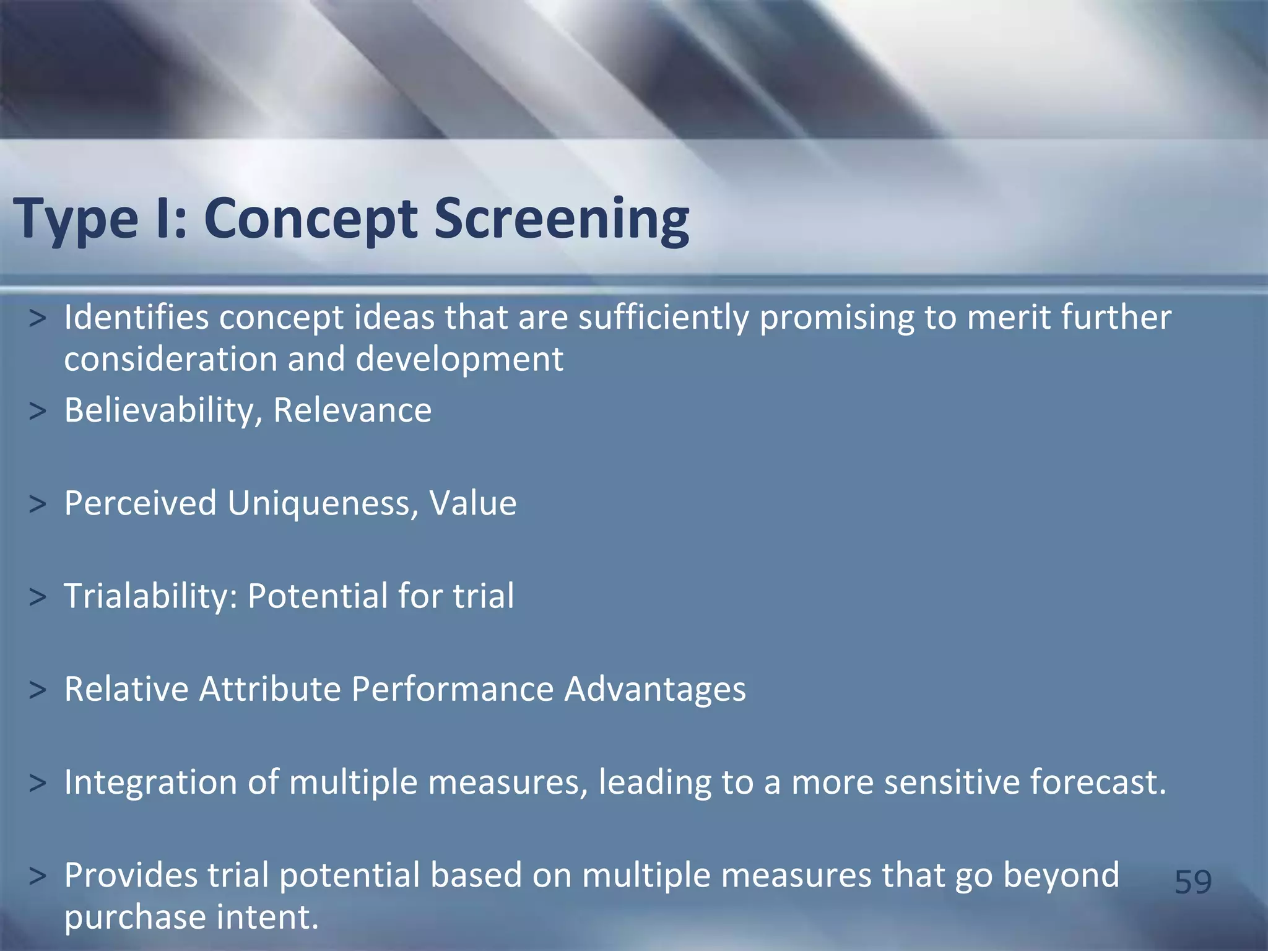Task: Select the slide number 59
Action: (1192, 882)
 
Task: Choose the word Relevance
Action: (352, 410)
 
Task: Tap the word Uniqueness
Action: (318, 503)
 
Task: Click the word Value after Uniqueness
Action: (473, 503)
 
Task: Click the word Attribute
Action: (270, 688)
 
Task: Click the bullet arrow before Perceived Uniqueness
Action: (37, 504)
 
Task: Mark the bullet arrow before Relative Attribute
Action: (37, 690)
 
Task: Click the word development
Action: (459, 359)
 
